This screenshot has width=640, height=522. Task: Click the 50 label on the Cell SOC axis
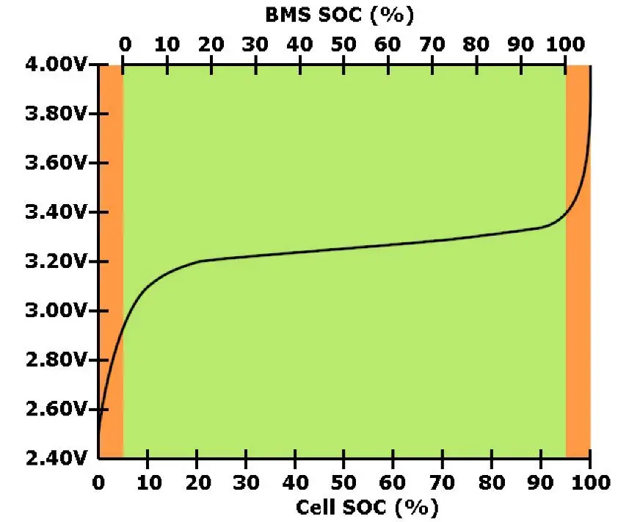(343, 482)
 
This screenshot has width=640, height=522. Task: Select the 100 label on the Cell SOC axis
(589, 482)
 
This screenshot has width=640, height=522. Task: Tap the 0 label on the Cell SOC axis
(98, 482)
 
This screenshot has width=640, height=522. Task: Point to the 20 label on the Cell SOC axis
(197, 482)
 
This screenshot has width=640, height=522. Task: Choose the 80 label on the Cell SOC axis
(491, 482)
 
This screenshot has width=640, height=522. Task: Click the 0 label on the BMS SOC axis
(124, 43)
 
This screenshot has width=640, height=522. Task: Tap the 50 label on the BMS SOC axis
(343, 43)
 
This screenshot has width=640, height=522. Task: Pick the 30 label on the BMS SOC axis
(255, 43)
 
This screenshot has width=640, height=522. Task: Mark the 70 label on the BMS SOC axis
(432, 43)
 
